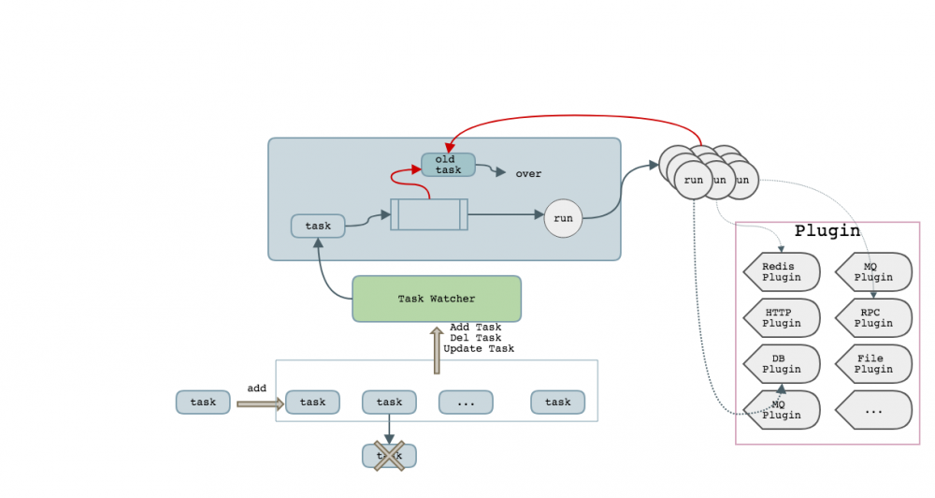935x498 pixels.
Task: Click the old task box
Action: click(x=448, y=165)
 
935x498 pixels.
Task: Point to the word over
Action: click(x=528, y=174)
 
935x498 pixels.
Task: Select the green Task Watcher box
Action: click(x=437, y=299)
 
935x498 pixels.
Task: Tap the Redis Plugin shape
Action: click(x=782, y=272)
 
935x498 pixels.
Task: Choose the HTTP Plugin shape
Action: click(x=782, y=318)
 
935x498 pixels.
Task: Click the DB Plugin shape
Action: click(x=782, y=364)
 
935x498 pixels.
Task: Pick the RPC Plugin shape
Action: click(x=873, y=318)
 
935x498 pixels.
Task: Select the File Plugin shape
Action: click(x=873, y=364)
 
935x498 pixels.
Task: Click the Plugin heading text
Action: click(x=827, y=231)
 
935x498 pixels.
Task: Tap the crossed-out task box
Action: click(x=389, y=456)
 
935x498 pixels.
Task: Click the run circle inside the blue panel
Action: click(x=563, y=218)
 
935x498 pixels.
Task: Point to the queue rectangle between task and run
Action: click(x=428, y=214)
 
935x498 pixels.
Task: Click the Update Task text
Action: click(x=479, y=348)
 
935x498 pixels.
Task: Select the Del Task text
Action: click(x=475, y=338)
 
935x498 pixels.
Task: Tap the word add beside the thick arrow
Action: click(x=257, y=388)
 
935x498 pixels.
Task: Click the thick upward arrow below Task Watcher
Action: click(x=437, y=351)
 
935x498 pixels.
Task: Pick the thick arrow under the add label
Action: click(x=259, y=403)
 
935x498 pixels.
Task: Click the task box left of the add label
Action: click(x=203, y=403)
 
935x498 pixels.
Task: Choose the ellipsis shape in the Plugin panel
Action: click(x=873, y=410)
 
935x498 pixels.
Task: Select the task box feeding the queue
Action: click(x=318, y=226)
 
